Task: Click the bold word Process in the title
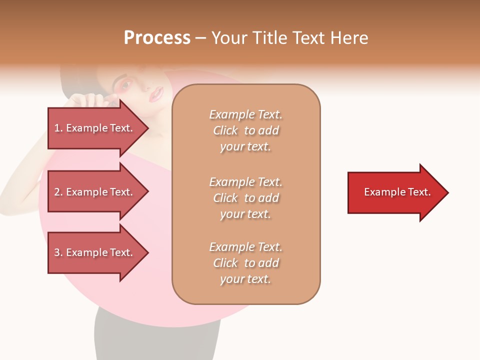click(x=157, y=38)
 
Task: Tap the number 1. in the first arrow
click(x=58, y=128)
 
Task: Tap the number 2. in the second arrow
click(x=58, y=192)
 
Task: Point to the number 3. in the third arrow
click(x=58, y=252)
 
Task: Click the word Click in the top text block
click(x=225, y=130)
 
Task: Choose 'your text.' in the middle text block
click(x=245, y=214)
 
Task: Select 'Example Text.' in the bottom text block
click(x=245, y=247)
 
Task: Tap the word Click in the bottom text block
click(x=225, y=263)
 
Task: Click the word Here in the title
click(x=350, y=38)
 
